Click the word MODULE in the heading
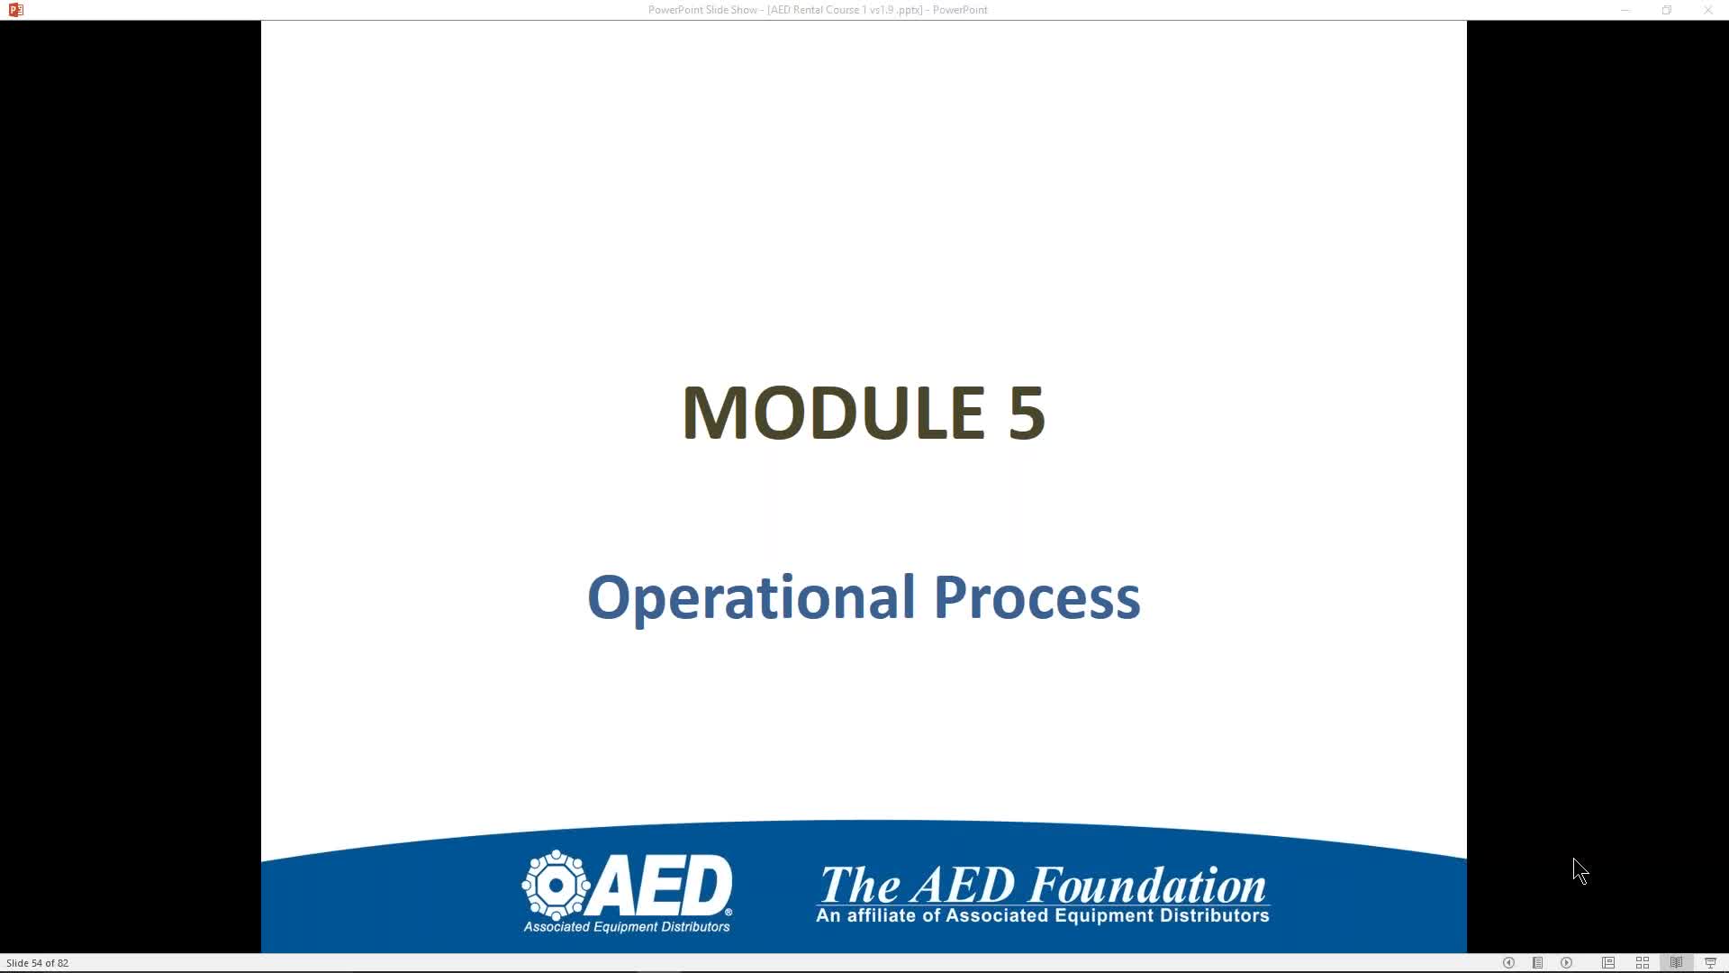pos(833,413)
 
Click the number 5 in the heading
pos(1027,413)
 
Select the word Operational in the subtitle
pos(751,598)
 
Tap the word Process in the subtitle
pos(1036,598)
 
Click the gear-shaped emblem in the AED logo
pos(557,885)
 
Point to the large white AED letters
pos(663,885)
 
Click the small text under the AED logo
pos(627,927)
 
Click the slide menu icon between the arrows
pos(1538,963)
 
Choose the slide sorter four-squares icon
pos(1643,963)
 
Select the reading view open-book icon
pos(1676,963)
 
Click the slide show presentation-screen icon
pos(1710,963)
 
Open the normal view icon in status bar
pos(1608,963)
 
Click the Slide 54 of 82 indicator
pos(37,963)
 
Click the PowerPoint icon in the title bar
pos(15,10)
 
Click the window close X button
pos(1707,10)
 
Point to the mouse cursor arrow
pos(1580,871)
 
